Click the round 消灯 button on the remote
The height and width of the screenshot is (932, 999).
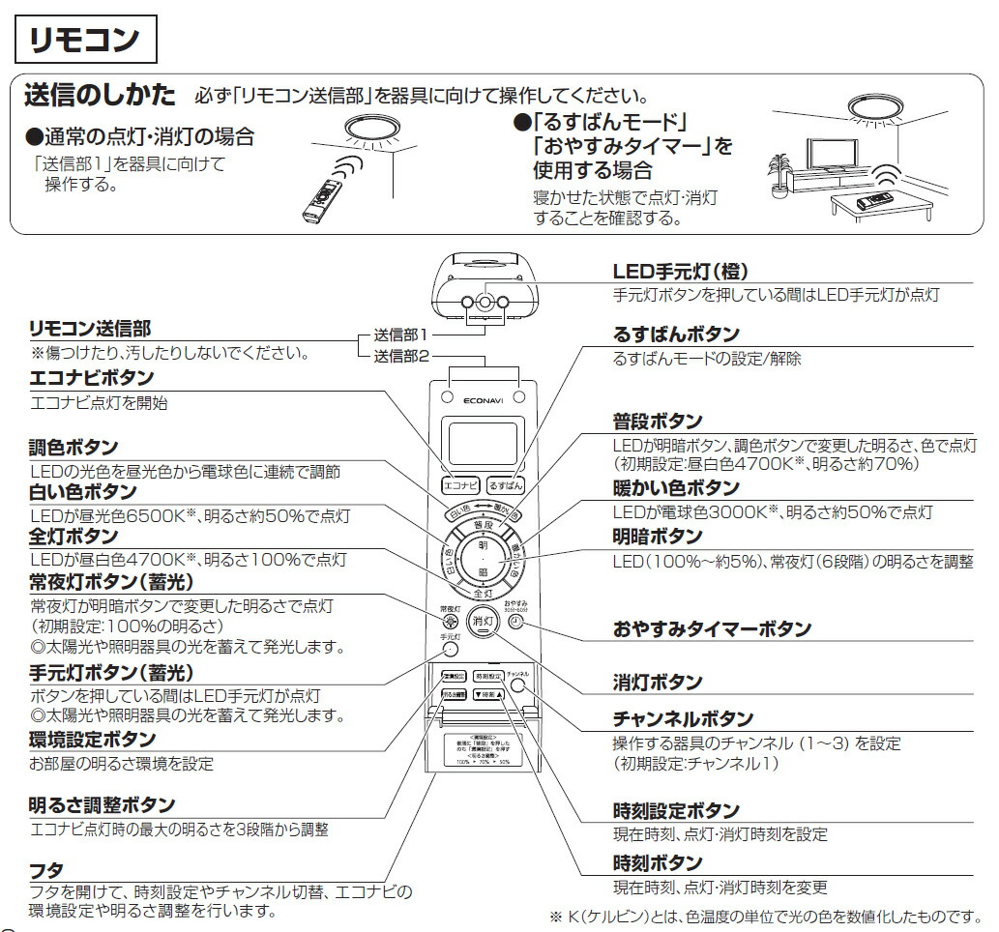tap(483, 622)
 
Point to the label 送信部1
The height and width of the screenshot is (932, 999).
tap(400, 335)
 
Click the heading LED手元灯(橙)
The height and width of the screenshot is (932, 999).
tap(681, 272)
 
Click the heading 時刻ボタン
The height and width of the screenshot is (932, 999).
tap(658, 862)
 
